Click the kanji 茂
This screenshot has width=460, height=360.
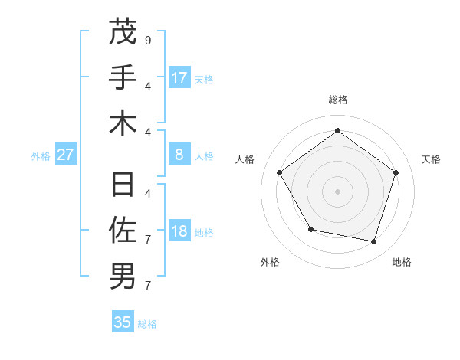click(x=123, y=31)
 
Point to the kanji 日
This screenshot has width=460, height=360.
click(x=123, y=185)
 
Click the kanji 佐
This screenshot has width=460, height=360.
click(x=123, y=230)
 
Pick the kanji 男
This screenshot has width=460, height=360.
click(x=123, y=277)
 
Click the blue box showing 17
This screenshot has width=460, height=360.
click(x=179, y=77)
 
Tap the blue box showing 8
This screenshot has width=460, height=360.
click(x=179, y=155)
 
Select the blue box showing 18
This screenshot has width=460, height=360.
click(x=179, y=232)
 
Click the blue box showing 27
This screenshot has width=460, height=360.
click(x=66, y=155)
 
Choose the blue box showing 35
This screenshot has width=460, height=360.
click(x=123, y=322)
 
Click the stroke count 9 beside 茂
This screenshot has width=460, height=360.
click(x=147, y=39)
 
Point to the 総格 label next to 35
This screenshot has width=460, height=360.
click(x=147, y=324)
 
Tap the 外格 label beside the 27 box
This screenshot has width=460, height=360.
click(x=41, y=156)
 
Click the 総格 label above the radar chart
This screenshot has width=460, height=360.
click(x=337, y=100)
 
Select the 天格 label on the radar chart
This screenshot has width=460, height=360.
click(x=431, y=159)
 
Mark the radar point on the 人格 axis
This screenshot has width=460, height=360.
click(x=280, y=172)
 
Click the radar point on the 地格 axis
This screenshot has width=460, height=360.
click(x=373, y=241)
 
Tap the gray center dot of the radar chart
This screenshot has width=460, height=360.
click(x=337, y=191)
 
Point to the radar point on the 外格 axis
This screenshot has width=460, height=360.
click(x=310, y=229)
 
